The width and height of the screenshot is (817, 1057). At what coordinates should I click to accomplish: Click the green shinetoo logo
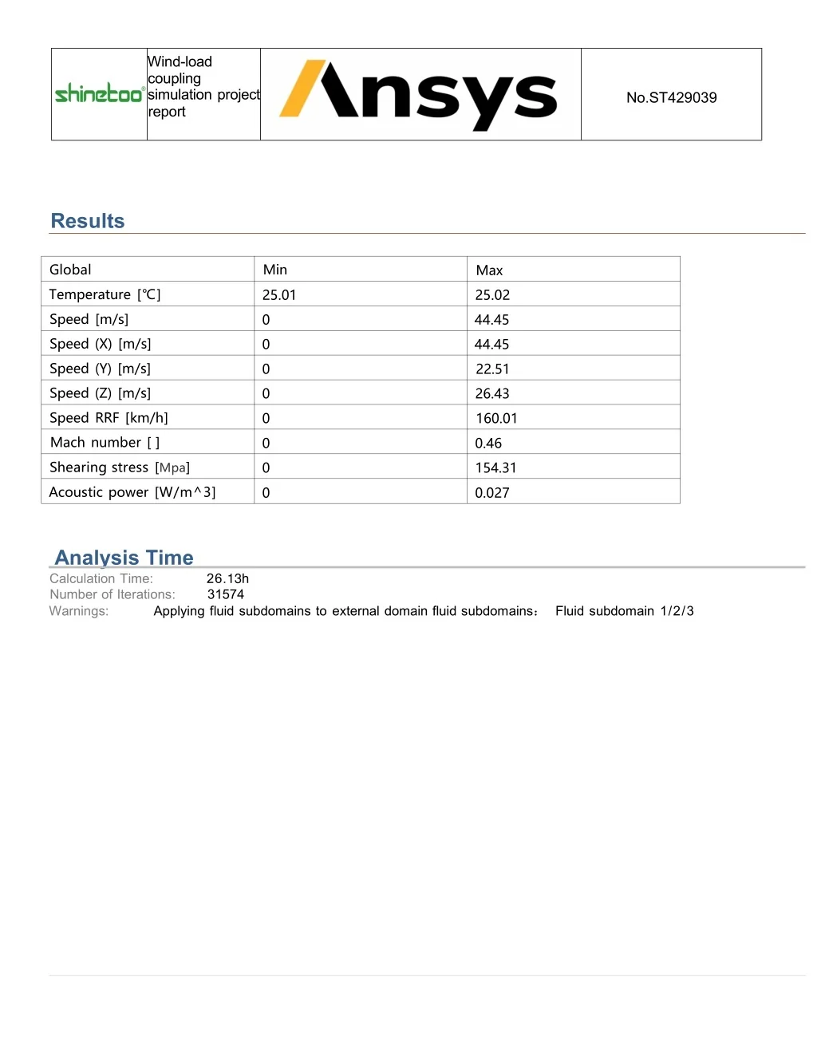pos(99,94)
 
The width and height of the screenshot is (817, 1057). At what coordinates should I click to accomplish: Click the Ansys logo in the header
pos(419,95)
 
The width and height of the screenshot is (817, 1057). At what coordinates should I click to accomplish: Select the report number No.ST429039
pos(671,97)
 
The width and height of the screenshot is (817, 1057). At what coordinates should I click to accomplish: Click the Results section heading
pos(88,221)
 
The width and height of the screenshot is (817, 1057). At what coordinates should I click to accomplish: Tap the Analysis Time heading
pos(124,557)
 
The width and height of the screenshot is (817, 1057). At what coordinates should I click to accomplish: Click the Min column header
pos(275,270)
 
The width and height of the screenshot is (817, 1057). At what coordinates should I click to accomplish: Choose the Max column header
pos(489,270)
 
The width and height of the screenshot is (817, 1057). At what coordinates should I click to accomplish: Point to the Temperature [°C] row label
pos(105,294)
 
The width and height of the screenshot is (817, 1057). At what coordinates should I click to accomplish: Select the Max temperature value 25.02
pos(492,295)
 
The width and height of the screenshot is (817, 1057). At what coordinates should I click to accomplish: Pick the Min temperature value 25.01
pos(279,295)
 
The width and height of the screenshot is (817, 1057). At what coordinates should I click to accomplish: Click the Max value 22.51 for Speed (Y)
pos(492,369)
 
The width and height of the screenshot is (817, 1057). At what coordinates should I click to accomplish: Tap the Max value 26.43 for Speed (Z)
pos(492,393)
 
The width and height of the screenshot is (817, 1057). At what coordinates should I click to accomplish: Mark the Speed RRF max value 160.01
pos(496,418)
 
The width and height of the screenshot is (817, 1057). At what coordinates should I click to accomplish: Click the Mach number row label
pos(105,443)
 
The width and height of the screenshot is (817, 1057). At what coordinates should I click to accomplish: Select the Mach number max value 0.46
pos(488,443)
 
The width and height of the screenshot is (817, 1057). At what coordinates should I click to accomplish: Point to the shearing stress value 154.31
pos(495,467)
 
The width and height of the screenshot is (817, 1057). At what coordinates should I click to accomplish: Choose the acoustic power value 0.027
pos(491,492)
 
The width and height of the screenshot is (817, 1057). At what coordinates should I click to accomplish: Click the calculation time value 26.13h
pos(227,578)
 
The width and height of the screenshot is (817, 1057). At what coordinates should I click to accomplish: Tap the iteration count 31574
pos(226,594)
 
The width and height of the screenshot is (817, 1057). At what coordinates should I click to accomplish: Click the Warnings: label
pos(79,611)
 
